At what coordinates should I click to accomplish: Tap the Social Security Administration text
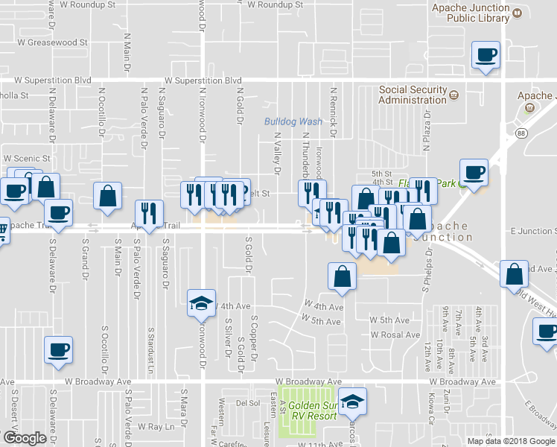point(413,95)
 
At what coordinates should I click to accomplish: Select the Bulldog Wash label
point(293,121)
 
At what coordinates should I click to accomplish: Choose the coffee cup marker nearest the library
point(486,56)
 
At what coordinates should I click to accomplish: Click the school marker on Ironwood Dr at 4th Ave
point(201,304)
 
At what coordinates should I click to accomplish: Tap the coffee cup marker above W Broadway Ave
point(58,350)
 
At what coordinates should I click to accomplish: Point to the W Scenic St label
point(27,159)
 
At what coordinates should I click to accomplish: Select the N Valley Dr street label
point(276,153)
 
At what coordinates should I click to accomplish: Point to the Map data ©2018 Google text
point(510,440)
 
